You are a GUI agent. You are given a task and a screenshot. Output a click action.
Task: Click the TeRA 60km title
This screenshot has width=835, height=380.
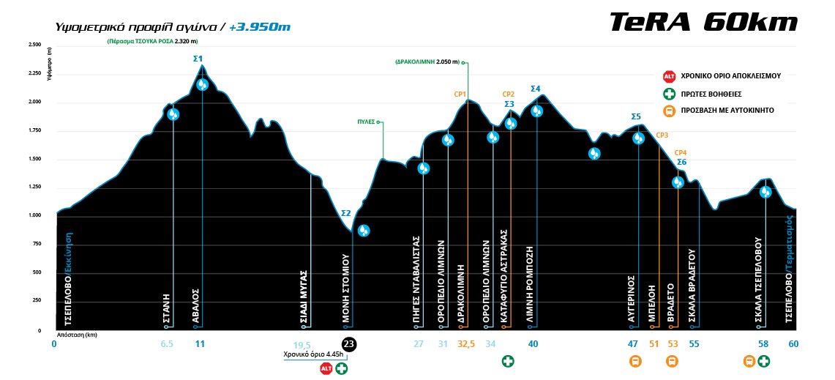pos(703,23)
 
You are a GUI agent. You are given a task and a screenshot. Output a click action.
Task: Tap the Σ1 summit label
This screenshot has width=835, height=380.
pos(198,58)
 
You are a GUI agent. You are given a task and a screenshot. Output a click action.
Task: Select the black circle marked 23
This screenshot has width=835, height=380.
pos(349,344)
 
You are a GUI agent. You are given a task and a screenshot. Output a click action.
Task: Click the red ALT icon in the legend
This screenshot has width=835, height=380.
pos(669,76)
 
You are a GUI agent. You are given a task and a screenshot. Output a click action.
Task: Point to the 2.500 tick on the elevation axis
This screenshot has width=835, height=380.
pos(34,45)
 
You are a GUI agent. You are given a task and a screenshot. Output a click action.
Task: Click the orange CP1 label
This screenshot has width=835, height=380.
pos(460,94)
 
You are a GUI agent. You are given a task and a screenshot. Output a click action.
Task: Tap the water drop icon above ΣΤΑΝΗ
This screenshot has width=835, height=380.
pos(173,113)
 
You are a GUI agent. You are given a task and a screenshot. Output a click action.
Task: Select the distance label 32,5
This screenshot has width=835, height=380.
pos(465,344)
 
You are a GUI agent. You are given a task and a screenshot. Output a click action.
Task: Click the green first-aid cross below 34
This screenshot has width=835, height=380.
pos(508,361)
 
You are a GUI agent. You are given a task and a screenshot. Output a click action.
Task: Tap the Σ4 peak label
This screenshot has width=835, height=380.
pos(536,89)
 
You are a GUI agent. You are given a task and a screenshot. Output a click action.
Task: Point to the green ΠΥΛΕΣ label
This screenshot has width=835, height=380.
pos(366,122)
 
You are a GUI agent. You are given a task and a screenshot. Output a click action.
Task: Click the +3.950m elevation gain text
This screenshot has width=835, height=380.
pos(260,27)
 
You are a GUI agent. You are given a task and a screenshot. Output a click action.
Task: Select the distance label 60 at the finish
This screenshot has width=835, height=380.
pos(793,344)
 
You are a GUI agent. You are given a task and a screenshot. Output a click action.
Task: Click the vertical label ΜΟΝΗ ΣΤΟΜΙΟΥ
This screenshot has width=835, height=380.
pos(346,288)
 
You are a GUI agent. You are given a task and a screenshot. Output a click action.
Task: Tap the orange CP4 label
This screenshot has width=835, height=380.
pos(680,152)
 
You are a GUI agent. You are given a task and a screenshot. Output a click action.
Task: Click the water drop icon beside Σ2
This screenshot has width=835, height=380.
pos(364,231)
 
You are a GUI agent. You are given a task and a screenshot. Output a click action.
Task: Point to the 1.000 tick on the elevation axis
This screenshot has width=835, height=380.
pos(34,215)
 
